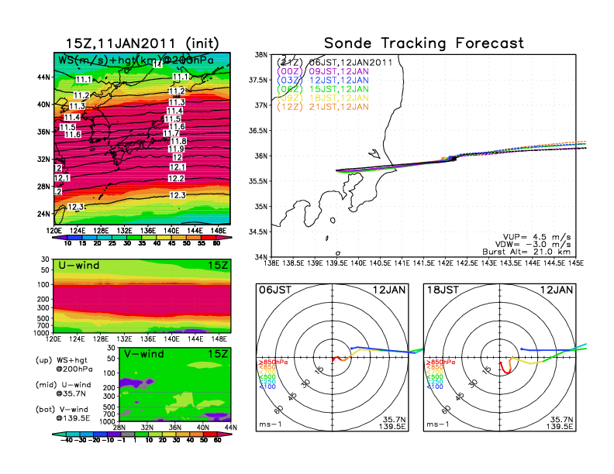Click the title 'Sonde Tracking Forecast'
(x=423, y=43)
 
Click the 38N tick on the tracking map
(x=262, y=55)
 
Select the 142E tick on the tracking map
(x=447, y=263)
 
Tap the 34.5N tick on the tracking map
(x=260, y=232)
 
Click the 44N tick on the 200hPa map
(x=44, y=77)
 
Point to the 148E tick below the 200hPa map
(x=220, y=230)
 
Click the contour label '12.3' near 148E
(x=178, y=196)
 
